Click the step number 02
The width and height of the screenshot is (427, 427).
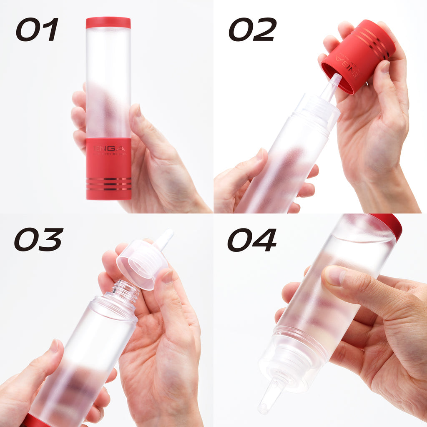(x=252, y=30)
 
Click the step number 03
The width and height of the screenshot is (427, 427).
(x=38, y=240)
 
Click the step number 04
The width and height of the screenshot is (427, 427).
(x=252, y=240)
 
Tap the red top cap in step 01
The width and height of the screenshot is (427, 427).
(x=108, y=23)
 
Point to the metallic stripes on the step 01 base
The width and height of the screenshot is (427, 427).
(x=108, y=183)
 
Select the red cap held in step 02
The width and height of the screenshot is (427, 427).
(x=359, y=56)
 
